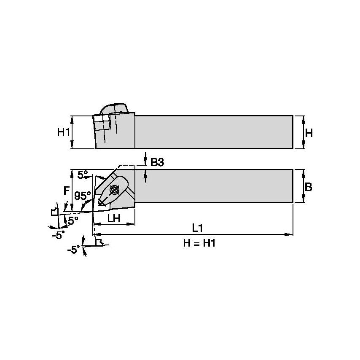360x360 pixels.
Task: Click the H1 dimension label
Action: (x=63, y=132)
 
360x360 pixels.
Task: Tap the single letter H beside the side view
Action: (x=309, y=133)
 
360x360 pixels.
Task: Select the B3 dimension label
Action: (x=157, y=162)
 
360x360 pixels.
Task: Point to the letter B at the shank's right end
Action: (x=308, y=187)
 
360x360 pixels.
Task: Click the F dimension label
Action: (x=66, y=191)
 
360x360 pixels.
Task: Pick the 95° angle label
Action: (x=82, y=196)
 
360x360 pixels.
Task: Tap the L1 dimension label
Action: (x=198, y=228)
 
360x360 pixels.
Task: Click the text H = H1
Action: (x=199, y=243)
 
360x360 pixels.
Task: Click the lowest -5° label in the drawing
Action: (x=73, y=250)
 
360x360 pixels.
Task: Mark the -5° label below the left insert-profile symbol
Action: (x=58, y=234)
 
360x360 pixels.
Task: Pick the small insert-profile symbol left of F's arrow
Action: (x=54, y=211)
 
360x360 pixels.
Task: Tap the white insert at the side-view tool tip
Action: (x=102, y=123)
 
